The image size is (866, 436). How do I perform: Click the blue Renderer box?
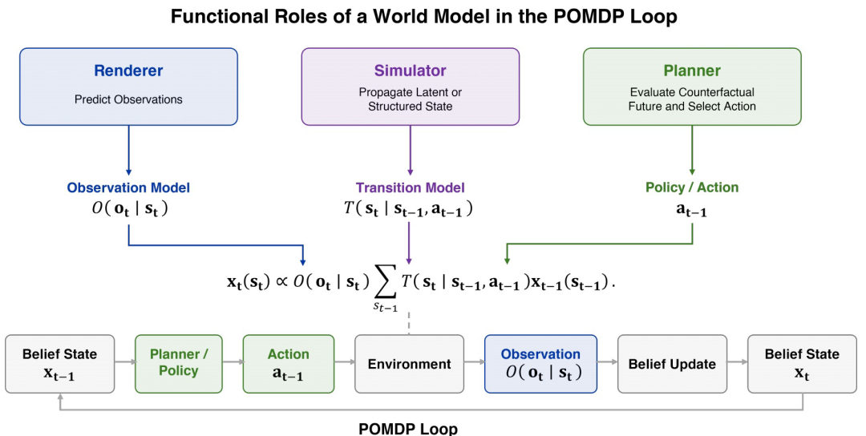click(128, 87)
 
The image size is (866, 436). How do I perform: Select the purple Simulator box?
click(411, 87)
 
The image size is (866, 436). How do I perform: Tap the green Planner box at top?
click(692, 87)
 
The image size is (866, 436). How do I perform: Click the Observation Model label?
click(128, 188)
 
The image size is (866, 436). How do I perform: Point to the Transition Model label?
click(411, 188)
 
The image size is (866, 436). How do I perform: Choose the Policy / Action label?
click(692, 188)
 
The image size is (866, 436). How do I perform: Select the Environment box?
click(409, 364)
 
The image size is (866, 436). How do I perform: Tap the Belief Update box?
click(672, 364)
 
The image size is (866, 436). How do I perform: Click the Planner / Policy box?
click(178, 364)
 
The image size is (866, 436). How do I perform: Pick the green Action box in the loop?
click(289, 364)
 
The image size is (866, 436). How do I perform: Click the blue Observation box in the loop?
click(540, 364)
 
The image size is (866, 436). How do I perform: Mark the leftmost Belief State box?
click(59, 364)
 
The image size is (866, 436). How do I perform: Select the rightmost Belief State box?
click(802, 364)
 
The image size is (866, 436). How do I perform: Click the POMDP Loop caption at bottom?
click(408, 428)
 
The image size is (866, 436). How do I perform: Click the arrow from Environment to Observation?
click(475, 362)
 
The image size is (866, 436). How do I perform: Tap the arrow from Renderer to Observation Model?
click(128, 151)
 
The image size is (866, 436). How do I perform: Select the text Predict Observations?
click(128, 99)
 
